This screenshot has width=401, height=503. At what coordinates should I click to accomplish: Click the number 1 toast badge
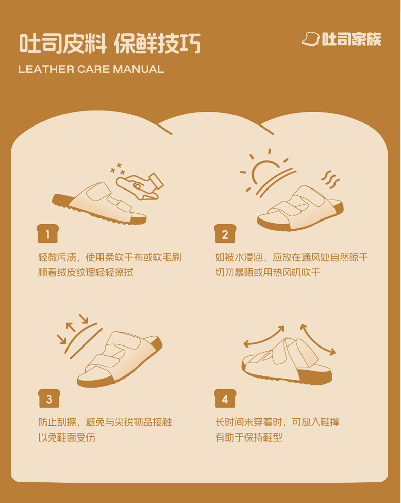tap(48, 234)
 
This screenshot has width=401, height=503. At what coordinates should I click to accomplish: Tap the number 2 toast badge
tap(225, 234)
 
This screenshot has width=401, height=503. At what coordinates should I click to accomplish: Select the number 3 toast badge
tap(49, 398)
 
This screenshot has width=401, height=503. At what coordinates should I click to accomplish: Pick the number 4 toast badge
tap(225, 398)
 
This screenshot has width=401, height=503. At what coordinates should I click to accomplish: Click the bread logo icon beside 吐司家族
tap(311, 39)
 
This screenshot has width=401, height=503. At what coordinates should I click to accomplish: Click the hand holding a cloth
tap(140, 186)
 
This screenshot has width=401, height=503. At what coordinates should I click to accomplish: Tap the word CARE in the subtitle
tap(93, 69)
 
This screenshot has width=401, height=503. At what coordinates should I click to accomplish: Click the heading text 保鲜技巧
tap(157, 43)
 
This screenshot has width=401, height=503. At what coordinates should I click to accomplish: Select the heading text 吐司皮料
tap(63, 43)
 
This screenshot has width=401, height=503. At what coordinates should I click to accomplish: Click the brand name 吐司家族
tap(352, 39)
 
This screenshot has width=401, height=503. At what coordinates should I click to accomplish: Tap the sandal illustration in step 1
tap(99, 204)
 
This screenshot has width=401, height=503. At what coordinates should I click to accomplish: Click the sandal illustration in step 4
tap(287, 361)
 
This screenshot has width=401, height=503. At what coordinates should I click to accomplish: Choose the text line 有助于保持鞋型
tap(249, 437)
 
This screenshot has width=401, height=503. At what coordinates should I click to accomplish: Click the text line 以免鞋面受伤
tap(66, 437)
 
